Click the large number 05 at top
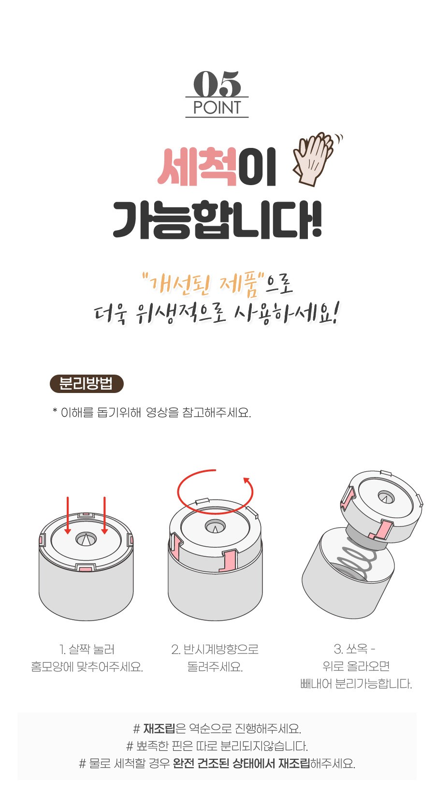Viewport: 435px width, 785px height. (x=217, y=84)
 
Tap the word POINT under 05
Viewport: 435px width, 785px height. (x=217, y=108)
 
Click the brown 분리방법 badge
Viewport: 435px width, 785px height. (x=87, y=383)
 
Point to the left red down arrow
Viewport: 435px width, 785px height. (x=68, y=515)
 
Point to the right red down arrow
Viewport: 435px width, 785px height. (x=104, y=515)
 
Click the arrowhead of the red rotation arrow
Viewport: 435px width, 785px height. (x=246, y=480)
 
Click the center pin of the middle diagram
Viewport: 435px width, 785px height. (x=215, y=527)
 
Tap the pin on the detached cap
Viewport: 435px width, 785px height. (x=386, y=498)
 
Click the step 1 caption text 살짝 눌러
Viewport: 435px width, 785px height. (x=91, y=649)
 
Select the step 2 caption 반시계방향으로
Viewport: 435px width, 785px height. (x=220, y=649)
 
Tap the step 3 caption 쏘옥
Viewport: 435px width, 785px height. (x=357, y=649)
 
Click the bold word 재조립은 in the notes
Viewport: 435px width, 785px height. (x=164, y=729)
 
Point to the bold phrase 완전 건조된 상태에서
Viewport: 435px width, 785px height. (x=224, y=763)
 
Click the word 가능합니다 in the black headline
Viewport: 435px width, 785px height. (x=217, y=219)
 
